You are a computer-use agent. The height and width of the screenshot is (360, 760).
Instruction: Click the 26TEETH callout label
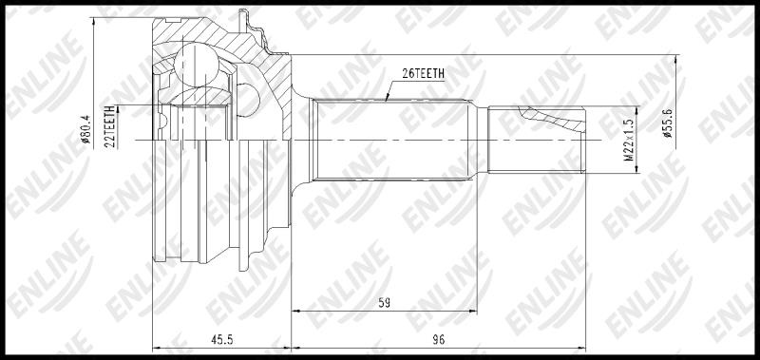(423, 73)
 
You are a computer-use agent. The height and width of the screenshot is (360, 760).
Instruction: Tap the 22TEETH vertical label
(110, 127)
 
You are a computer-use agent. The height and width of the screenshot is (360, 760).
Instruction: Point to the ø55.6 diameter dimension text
(668, 123)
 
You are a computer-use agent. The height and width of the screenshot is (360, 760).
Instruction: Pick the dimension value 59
(385, 303)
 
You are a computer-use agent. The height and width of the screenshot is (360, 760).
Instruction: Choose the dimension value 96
(438, 340)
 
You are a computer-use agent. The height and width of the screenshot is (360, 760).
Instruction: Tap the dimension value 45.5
(222, 340)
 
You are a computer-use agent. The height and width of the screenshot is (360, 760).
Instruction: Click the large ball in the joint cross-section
(196, 66)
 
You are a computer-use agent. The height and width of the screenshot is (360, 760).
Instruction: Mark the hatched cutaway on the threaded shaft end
(553, 119)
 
